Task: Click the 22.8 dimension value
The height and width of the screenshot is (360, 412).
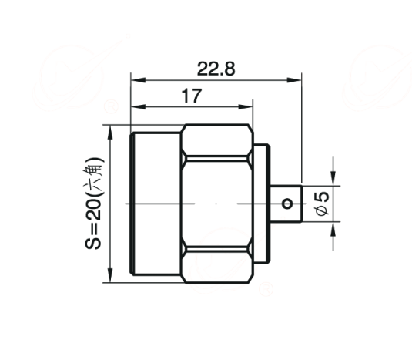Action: click(x=216, y=69)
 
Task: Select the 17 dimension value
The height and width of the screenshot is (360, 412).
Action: click(x=192, y=96)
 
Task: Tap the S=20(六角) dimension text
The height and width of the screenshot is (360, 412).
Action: click(x=93, y=204)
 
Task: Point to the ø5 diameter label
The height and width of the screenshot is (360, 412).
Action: click(x=322, y=204)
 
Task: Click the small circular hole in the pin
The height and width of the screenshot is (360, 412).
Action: click(x=287, y=204)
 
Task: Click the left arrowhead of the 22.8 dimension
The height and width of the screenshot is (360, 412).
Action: click(x=138, y=80)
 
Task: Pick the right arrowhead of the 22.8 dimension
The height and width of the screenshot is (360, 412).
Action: click(x=294, y=80)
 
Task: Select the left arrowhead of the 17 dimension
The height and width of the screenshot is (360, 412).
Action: click(x=138, y=106)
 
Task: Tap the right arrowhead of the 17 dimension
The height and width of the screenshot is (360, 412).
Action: click(x=246, y=106)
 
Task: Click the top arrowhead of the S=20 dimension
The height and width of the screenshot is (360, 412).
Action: click(x=110, y=132)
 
